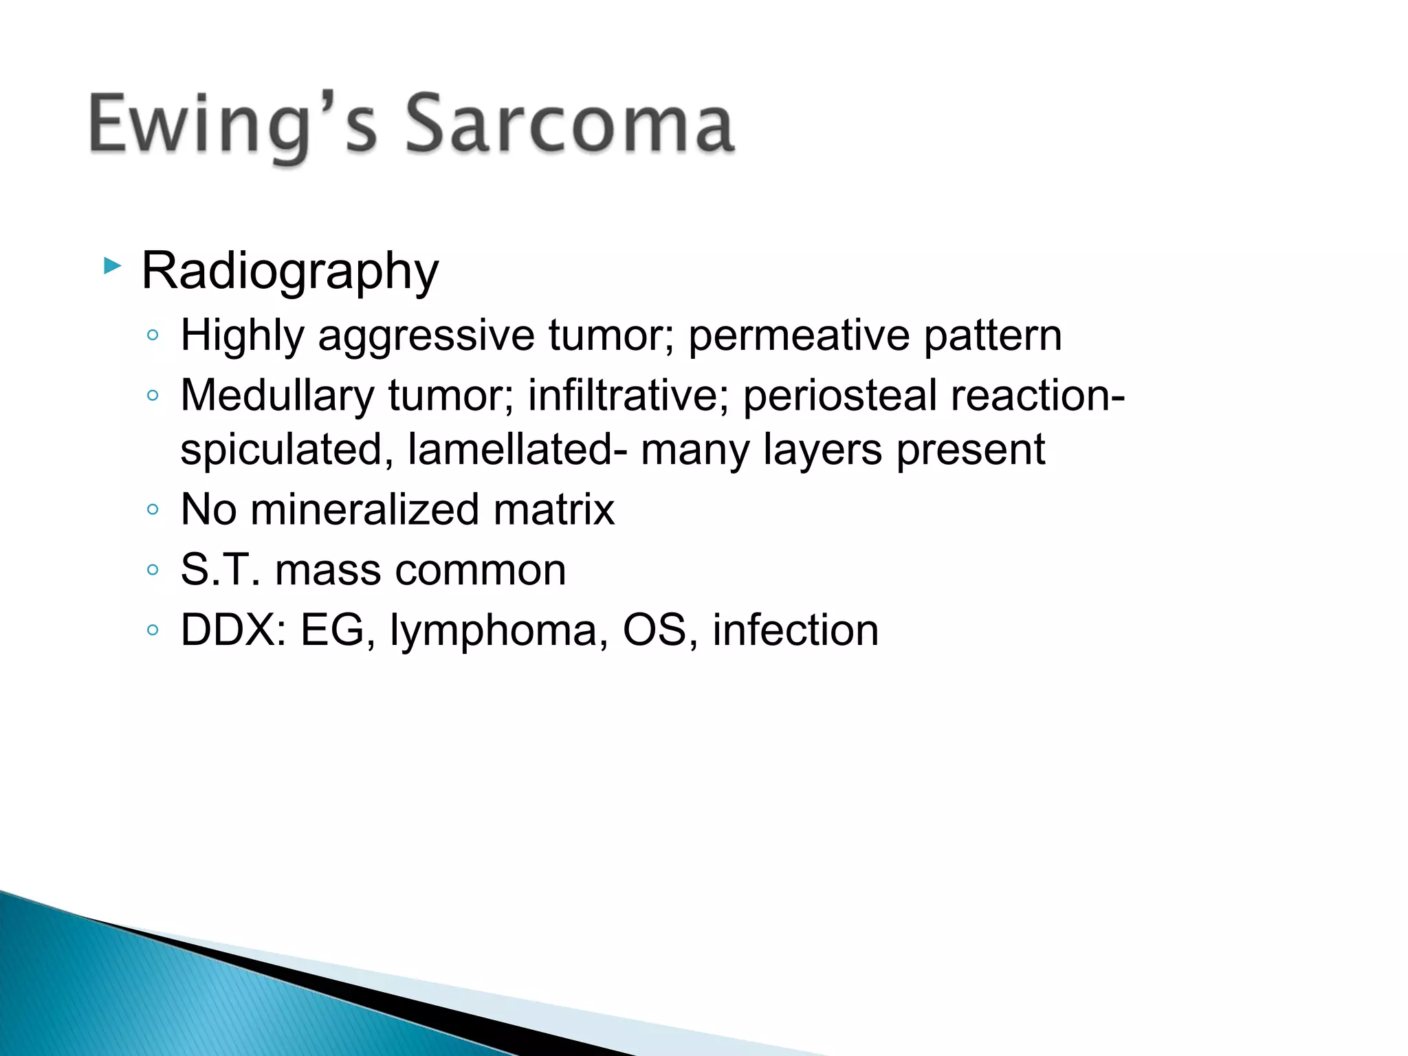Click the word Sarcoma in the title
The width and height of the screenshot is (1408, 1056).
569,124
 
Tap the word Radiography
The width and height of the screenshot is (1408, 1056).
289,272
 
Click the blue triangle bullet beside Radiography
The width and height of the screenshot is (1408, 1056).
112,265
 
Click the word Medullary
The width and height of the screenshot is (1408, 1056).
276,397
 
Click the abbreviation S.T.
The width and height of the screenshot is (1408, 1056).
220,570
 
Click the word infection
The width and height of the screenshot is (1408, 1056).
795,630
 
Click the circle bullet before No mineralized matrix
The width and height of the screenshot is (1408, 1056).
153,509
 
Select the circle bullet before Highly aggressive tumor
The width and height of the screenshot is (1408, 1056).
153,335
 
